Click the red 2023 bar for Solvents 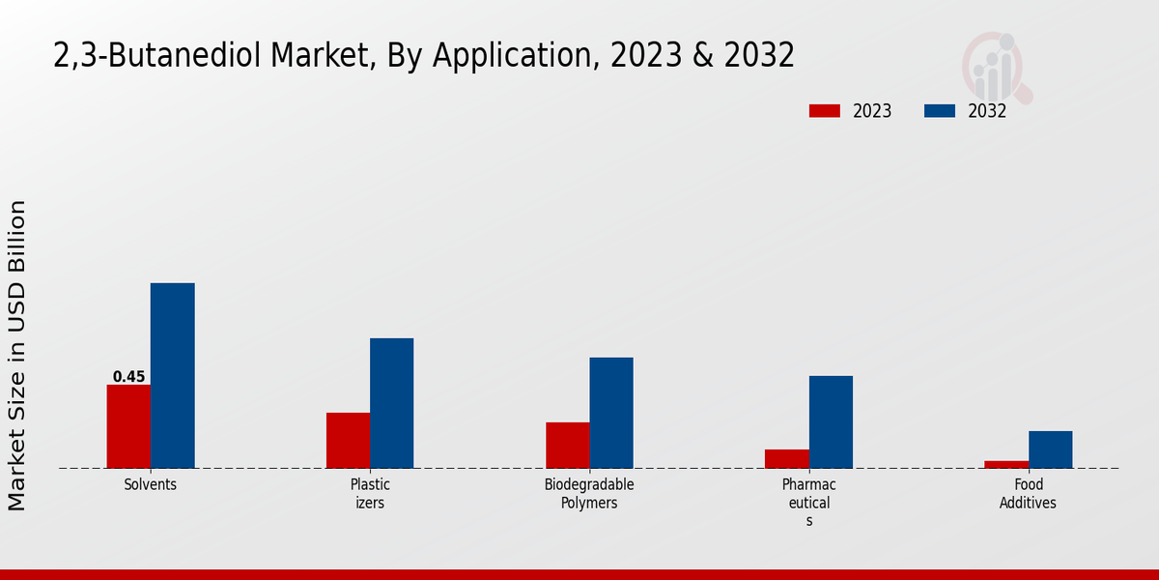[x=128, y=426]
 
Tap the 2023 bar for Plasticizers [x=348, y=440]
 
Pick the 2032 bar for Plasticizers [x=391, y=403]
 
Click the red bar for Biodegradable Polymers [x=567, y=445]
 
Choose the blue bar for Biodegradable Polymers [x=611, y=413]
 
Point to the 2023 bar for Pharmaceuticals [x=786, y=458]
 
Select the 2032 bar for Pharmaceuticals [x=831, y=421]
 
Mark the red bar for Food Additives [x=1006, y=464]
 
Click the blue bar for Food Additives [x=1050, y=449]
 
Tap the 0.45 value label [x=128, y=377]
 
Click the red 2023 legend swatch [x=824, y=111]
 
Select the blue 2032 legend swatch [x=939, y=111]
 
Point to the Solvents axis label [x=151, y=485]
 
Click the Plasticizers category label [x=370, y=494]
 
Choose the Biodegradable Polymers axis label [x=589, y=494]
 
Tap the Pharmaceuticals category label [x=809, y=503]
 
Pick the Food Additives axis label [x=1028, y=494]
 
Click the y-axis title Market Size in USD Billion [x=17, y=355]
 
